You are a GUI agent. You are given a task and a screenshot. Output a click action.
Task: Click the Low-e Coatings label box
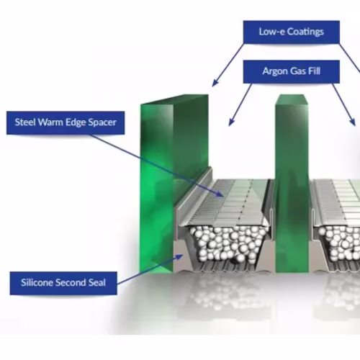click(x=291, y=32)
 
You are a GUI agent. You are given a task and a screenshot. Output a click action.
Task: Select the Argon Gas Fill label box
click(x=291, y=71)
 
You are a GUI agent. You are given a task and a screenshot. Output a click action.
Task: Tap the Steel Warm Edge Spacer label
click(x=66, y=122)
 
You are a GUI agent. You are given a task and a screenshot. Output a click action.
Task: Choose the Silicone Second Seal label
click(x=63, y=283)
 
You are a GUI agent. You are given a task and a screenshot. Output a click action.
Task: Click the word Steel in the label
click(x=25, y=122)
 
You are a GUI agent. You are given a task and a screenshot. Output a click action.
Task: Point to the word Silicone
click(x=37, y=282)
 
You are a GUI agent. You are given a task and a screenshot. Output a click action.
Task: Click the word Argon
click(x=275, y=71)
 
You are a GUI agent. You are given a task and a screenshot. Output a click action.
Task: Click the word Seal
click(x=97, y=282)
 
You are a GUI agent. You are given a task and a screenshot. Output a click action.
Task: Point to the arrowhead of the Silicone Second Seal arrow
click(x=179, y=257)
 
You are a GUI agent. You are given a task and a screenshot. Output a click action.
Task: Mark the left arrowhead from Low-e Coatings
click(x=215, y=83)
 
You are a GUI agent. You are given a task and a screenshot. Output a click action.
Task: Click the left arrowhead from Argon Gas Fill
click(x=231, y=122)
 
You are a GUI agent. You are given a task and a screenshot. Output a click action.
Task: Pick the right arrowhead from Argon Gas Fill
click(x=352, y=122)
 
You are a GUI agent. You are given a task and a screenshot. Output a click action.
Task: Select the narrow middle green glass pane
click(x=292, y=184)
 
